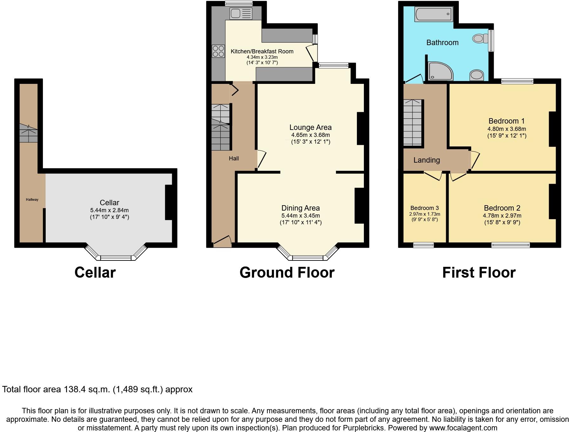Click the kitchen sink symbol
[241, 14]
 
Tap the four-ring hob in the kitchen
[218, 51]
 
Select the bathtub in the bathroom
[433, 14]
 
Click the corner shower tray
[440, 71]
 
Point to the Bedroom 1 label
[506, 121]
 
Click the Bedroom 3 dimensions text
[425, 217]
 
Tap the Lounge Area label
[310, 127]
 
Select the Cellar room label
[109, 203]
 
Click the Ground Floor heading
[287, 273]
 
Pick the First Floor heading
[479, 273]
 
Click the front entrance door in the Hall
[222, 242]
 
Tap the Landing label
[426, 160]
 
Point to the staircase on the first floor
[412, 123]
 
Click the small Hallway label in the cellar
[32, 199]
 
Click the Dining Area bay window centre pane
[307, 258]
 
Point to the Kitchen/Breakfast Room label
[262, 51]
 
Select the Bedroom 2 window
[510, 245]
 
